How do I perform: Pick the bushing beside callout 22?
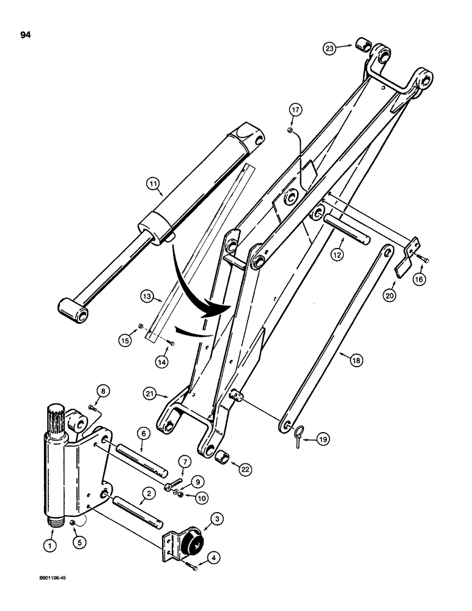[x=224, y=456]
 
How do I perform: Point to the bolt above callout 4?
[x=194, y=568]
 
